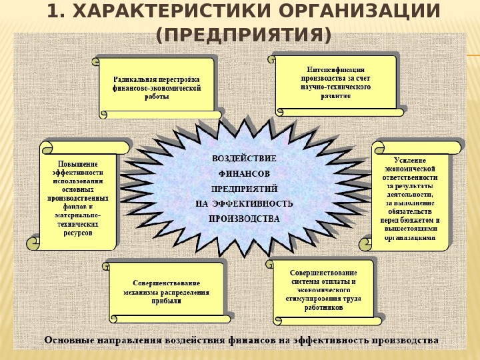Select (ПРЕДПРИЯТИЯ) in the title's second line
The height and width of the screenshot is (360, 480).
[243, 34]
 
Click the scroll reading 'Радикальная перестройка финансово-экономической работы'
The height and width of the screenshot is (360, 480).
[157, 87]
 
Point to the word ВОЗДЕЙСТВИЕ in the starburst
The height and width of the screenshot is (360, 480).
[244, 158]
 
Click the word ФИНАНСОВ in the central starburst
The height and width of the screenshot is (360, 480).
[244, 173]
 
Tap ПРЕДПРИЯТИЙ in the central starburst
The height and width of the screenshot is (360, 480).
[244, 187]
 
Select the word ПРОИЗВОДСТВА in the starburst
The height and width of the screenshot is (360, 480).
[245, 217]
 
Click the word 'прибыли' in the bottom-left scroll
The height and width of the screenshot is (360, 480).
[166, 301]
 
